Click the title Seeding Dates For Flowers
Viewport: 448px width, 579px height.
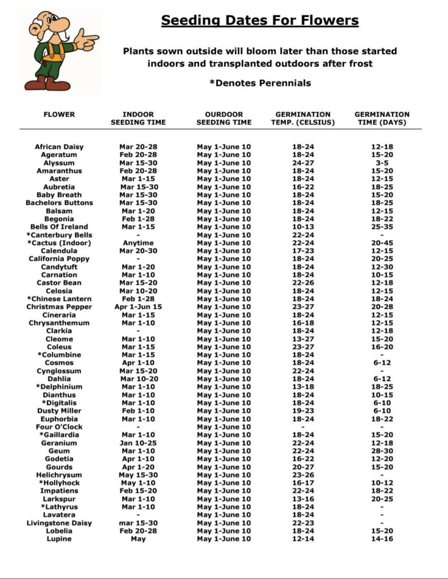point(260,21)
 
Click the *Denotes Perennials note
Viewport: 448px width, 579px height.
point(260,83)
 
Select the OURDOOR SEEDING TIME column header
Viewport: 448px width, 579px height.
point(224,118)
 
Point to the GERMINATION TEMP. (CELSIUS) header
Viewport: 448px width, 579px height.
point(303,118)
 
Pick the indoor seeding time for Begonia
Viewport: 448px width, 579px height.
point(139,219)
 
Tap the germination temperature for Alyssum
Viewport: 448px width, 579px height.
point(303,163)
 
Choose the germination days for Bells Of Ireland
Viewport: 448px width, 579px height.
point(382,227)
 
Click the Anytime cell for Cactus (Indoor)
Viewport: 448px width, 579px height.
point(139,243)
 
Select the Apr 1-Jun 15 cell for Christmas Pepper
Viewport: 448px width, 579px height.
point(139,307)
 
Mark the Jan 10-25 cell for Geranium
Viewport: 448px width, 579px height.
point(139,443)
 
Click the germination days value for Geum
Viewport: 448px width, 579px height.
point(382,451)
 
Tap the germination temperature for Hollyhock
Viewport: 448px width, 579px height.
point(303,483)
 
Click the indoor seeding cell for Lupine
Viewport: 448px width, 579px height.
point(139,539)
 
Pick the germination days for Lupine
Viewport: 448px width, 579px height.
point(382,539)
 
